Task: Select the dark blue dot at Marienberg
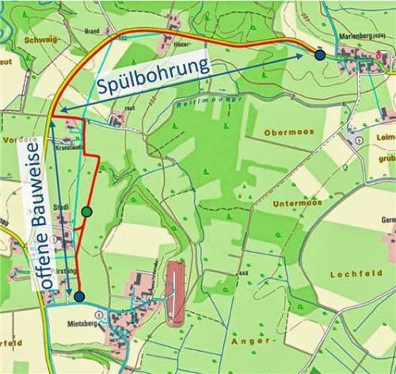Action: pyautogui.click(x=319, y=55)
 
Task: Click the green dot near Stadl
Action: pyautogui.click(x=86, y=212)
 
